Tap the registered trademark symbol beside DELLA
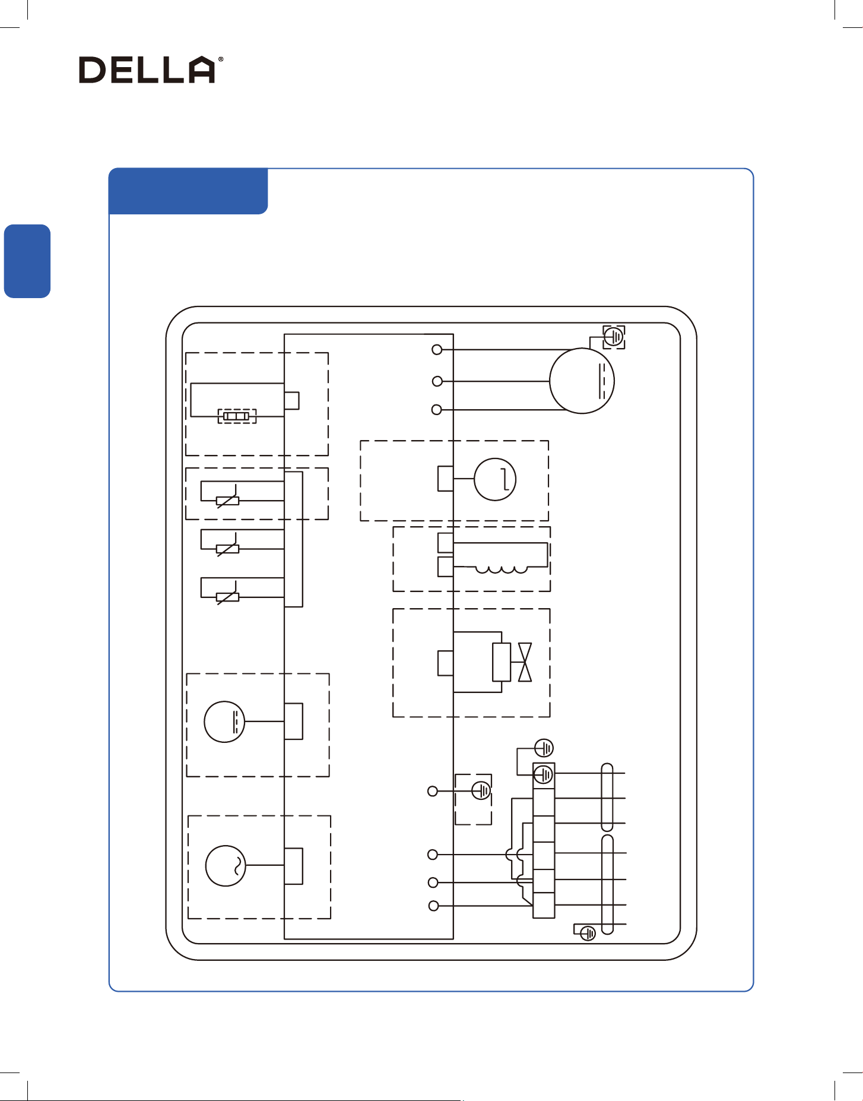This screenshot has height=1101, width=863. [221, 59]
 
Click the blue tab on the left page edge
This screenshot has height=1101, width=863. [27, 261]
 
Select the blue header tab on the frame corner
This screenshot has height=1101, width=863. [188, 191]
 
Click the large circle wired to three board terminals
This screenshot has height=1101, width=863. [582, 381]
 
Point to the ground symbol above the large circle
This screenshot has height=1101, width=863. [614, 337]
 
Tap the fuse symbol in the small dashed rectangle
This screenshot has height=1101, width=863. [237, 416]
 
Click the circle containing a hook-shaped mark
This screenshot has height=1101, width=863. [495, 479]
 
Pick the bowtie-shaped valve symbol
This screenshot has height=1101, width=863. [525, 662]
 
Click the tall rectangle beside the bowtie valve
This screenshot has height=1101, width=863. [502, 662]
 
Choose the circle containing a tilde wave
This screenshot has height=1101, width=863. [226, 866]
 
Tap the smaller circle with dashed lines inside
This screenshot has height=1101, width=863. [224, 722]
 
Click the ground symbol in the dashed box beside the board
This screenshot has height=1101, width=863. [481, 790]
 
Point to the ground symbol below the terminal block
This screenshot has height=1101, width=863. [588, 934]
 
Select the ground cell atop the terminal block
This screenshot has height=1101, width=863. [544, 775]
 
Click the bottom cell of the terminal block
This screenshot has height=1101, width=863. [544, 905]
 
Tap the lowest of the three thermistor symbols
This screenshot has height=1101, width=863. [228, 597]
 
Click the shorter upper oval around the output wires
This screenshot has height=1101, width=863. [607, 798]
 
